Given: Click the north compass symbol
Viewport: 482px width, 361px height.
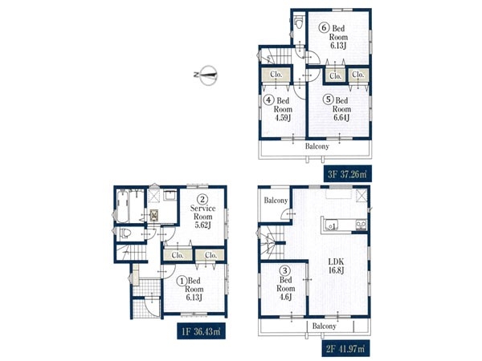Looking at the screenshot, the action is pyautogui.click(x=206, y=75).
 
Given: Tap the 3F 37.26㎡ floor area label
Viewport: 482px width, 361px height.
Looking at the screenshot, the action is pyautogui.click(x=347, y=174).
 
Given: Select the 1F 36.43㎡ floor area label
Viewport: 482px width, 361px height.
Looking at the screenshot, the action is pyautogui.click(x=201, y=331).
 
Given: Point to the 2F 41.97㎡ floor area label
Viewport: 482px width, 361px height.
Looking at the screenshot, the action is pyautogui.click(x=345, y=349).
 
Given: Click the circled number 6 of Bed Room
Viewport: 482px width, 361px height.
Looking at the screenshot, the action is pyautogui.click(x=324, y=28).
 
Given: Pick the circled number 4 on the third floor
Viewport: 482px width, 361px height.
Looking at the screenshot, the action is pyautogui.click(x=268, y=99).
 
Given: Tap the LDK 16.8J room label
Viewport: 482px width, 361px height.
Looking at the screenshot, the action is pyautogui.click(x=336, y=266).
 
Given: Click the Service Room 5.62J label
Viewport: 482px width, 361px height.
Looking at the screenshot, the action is pyautogui.click(x=202, y=212).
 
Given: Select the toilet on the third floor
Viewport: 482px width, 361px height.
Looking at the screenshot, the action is pyautogui.click(x=298, y=22).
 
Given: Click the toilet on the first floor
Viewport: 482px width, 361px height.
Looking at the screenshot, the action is pyautogui.click(x=125, y=233).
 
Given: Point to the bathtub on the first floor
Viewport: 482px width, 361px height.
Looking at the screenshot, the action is pyautogui.click(x=122, y=205).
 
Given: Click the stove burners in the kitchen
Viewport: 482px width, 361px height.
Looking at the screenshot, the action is pyautogui.click(x=361, y=225).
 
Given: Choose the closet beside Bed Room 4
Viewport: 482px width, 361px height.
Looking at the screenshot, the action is pyautogui.click(x=276, y=75).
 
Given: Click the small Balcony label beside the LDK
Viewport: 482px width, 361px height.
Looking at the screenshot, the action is pyautogui.click(x=276, y=201).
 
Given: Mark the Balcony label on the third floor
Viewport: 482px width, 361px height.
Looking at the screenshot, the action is pyautogui.click(x=317, y=146).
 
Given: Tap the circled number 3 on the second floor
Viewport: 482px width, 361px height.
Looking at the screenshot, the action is pyautogui.click(x=285, y=270).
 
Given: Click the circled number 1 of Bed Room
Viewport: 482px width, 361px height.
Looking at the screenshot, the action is pyautogui.click(x=182, y=280).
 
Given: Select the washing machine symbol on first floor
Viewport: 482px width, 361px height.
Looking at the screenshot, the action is pyautogui.click(x=153, y=216).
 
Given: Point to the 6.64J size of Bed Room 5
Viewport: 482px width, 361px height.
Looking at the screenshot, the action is pyautogui.click(x=341, y=118).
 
